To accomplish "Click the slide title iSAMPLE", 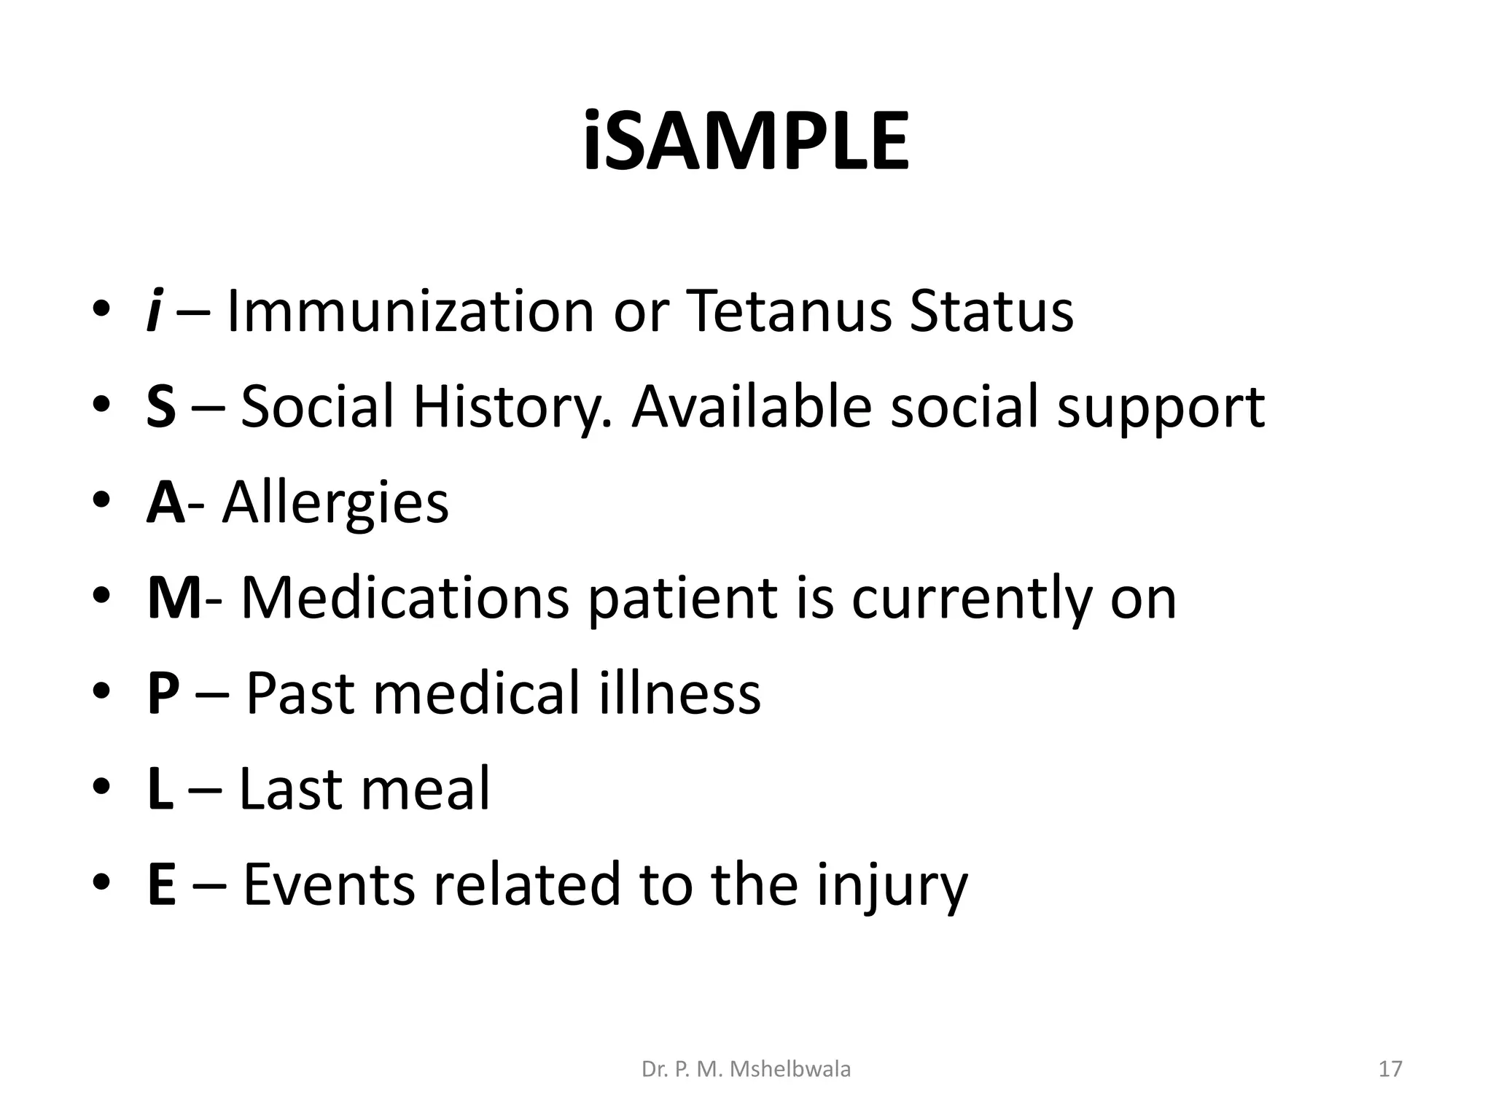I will (746, 141).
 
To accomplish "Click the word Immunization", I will (410, 311).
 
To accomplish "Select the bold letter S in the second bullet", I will (161, 407).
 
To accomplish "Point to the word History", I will (512, 407).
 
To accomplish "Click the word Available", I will (751, 407).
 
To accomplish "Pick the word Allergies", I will (335, 503).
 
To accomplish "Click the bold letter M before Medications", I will (174, 599).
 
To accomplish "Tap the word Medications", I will (405, 599).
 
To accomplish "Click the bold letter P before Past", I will (163, 693).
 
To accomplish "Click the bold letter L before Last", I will (160, 789).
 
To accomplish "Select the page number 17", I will (1390, 1070).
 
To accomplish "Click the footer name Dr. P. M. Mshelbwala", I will (746, 1070).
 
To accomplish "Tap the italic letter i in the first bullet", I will (152, 311).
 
